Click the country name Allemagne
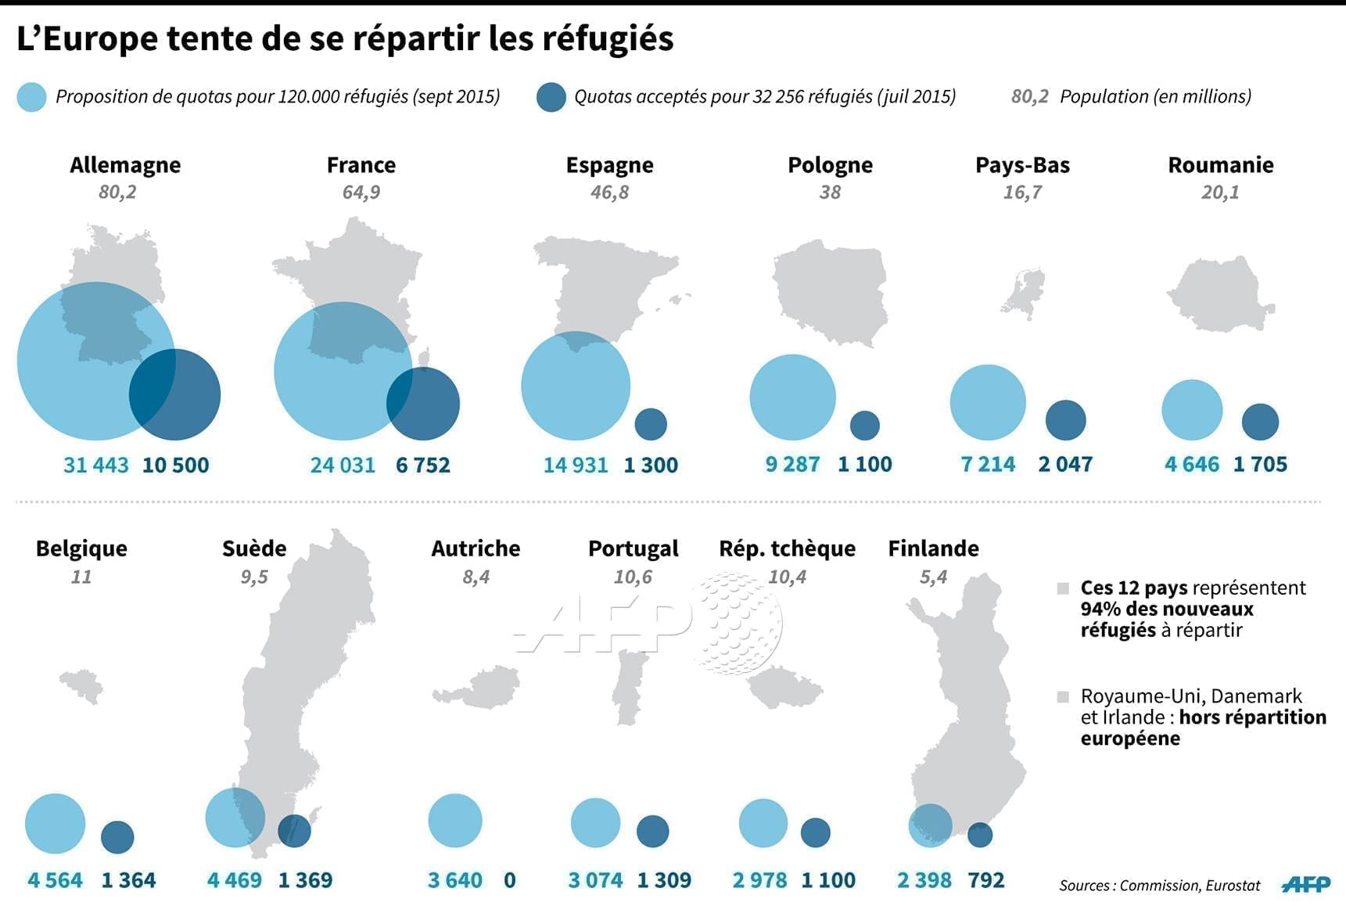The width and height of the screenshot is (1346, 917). [125, 165]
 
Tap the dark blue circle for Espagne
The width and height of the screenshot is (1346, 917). [651, 424]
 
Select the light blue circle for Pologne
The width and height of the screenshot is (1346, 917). [792, 397]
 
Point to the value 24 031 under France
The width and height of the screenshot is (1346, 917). [343, 465]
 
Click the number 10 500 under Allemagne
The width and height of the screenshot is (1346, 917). [175, 465]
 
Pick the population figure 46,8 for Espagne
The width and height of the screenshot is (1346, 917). [609, 192]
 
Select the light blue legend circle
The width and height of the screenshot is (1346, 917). [31, 97]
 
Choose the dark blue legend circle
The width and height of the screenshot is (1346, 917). [551, 97]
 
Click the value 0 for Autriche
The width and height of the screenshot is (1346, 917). [510, 880]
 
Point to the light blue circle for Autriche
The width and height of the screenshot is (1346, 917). [455, 820]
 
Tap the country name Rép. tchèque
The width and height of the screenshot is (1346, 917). [787, 548]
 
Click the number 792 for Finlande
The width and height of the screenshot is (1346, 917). [985, 880]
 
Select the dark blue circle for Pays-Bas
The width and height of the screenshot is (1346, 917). [1065, 420]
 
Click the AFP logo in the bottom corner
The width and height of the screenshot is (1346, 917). [1306, 884]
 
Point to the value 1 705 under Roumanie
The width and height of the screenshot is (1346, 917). [1260, 464]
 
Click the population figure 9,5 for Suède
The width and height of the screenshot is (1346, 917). [254, 577]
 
